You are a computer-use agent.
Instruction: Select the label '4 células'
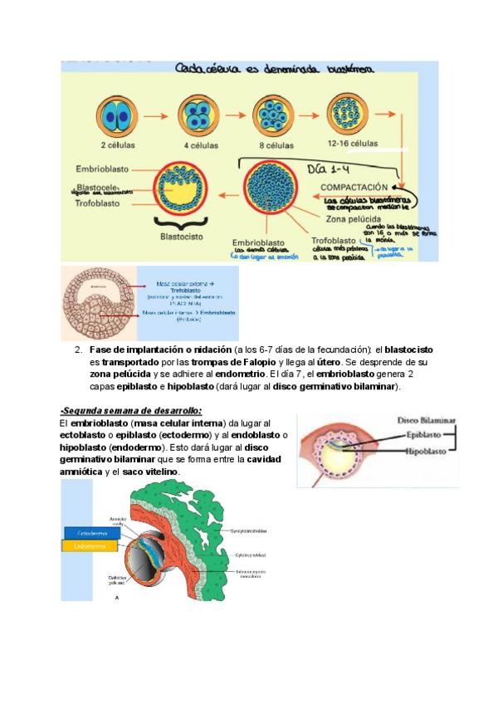200,145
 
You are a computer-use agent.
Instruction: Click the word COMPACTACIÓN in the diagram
354,188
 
